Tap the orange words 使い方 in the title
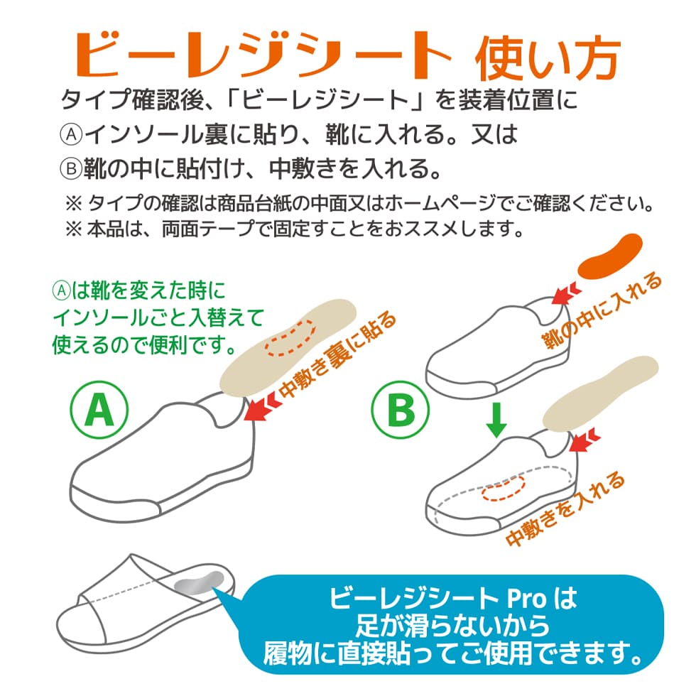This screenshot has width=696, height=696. click(548, 58)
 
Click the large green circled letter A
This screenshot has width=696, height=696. click(99, 410)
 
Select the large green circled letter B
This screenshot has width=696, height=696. click(401, 409)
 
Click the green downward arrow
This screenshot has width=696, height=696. click(496, 420)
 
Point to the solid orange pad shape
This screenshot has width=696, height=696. click(610, 257)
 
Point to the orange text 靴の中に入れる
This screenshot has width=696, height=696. click(602, 311)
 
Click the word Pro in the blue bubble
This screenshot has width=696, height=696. click(526, 599)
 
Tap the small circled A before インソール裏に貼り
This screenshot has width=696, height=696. click(71, 134)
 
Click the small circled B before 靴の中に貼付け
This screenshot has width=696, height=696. click(71, 169)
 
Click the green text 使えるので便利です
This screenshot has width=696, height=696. click(145, 344)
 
